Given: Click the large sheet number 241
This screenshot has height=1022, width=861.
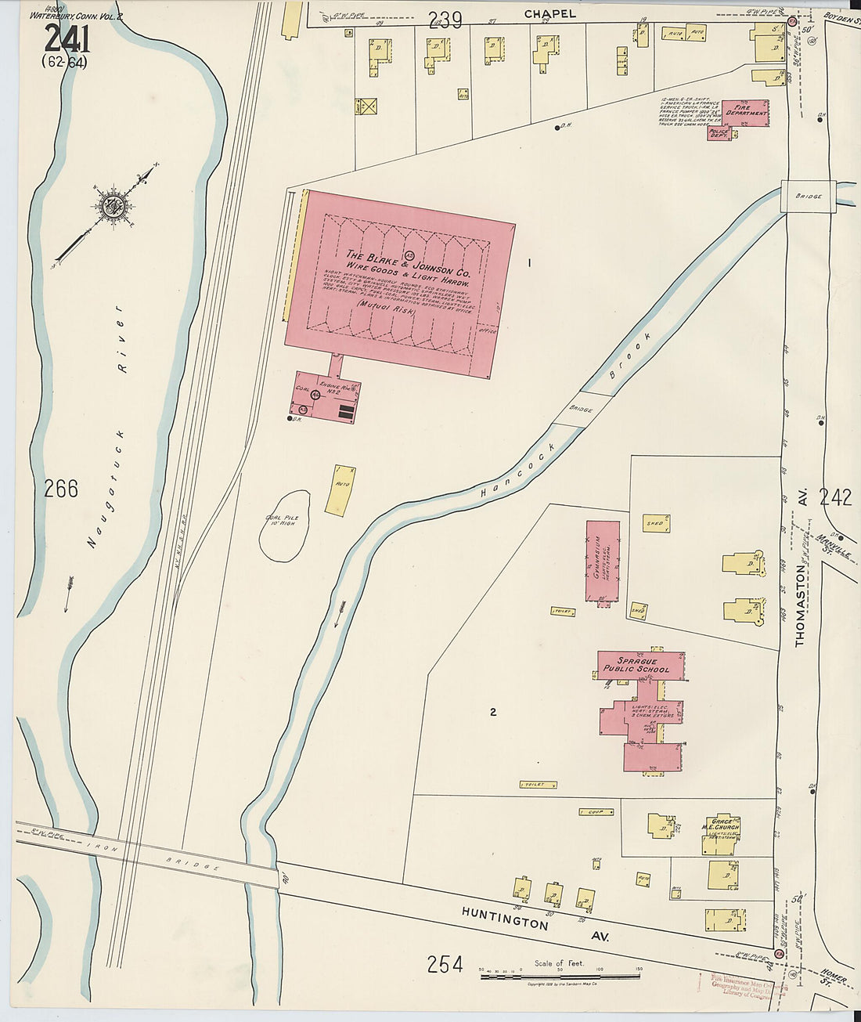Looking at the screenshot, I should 67,38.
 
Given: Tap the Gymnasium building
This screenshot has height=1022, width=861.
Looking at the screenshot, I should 603,561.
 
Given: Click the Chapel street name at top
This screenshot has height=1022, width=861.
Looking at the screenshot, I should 549,13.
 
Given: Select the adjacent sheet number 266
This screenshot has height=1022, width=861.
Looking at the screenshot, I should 61,489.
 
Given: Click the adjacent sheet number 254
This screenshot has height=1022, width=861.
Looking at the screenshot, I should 445,965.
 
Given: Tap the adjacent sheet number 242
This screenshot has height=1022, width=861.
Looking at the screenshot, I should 835,497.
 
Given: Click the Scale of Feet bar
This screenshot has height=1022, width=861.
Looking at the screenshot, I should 560,977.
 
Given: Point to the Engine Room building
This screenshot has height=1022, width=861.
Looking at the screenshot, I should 325,396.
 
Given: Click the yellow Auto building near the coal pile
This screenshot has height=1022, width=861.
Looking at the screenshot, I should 340,490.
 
